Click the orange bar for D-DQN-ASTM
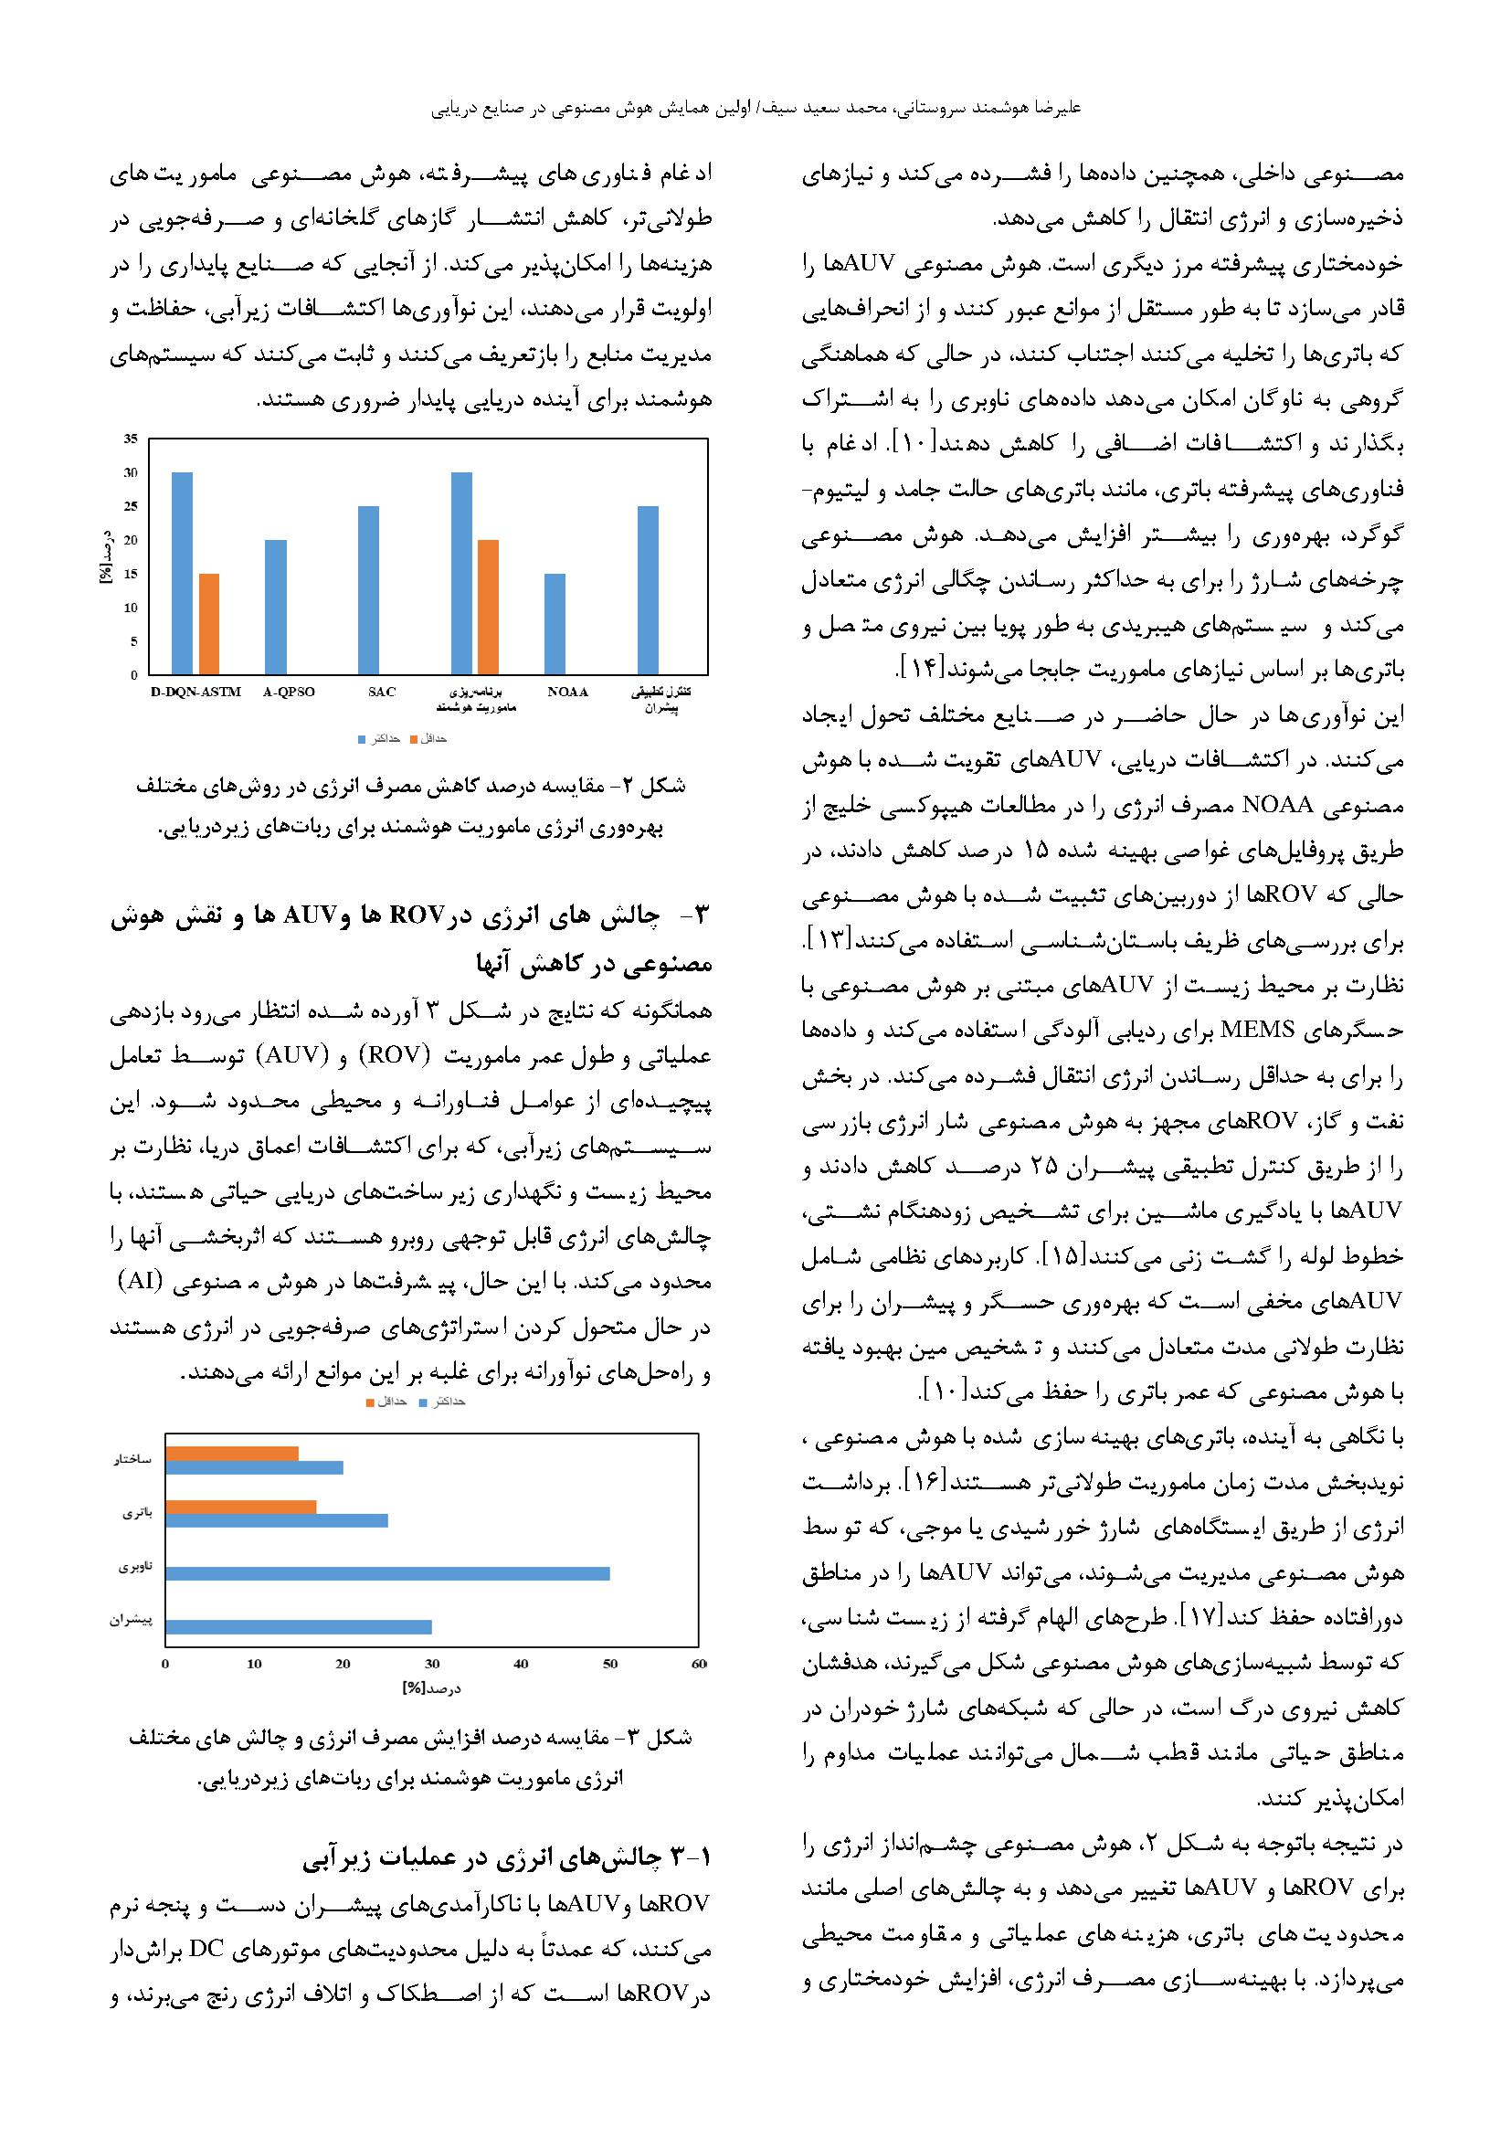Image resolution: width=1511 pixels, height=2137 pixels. [209, 624]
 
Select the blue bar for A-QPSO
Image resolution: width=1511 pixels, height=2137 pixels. [275, 607]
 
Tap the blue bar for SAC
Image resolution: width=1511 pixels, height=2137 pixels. [368, 590]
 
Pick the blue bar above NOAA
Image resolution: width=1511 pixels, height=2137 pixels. [555, 624]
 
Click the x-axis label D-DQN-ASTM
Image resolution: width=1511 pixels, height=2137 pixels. [195, 692]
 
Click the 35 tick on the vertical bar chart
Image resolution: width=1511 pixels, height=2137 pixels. [131, 439]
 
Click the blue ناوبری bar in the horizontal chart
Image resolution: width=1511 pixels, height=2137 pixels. [388, 1573]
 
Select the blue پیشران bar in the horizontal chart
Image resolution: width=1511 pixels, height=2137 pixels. [299, 1626]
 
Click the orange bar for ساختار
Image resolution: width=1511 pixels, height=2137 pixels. [233, 1453]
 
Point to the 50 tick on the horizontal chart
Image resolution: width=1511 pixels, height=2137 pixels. [610, 1664]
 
